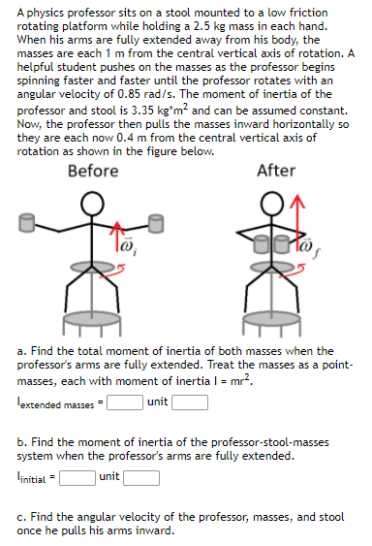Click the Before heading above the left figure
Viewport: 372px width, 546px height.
94,171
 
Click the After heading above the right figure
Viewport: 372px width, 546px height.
276,171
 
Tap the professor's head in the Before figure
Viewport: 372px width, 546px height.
92,204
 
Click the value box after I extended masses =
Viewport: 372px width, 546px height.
125,400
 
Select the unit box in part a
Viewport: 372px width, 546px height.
190,400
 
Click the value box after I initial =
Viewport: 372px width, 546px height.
77,475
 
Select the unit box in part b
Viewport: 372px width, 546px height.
141,475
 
